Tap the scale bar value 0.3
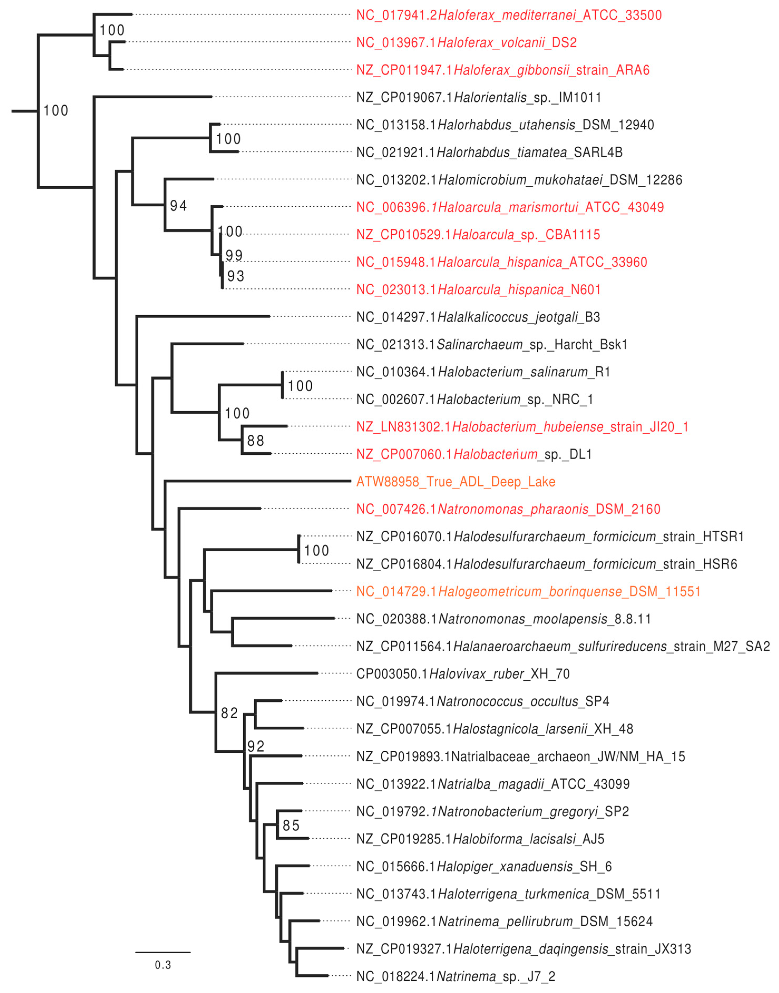(163, 965)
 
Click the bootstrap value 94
(178, 206)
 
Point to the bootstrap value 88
(256, 441)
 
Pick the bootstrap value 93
(236, 276)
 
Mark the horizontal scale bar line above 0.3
(163, 952)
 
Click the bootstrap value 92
(256, 746)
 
